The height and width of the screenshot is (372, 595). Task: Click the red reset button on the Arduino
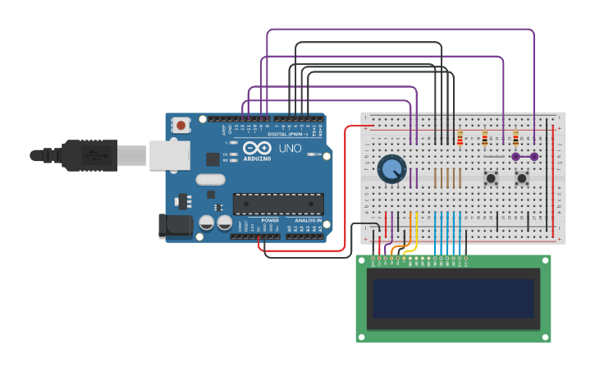coord(181,126)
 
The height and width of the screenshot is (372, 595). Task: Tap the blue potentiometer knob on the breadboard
coord(391,169)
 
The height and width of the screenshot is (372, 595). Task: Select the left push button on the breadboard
coord(492,177)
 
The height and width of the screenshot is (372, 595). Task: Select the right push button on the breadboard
coord(521,177)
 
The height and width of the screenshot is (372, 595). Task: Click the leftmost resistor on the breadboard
coord(460,138)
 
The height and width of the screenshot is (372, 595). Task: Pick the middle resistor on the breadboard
coord(484,138)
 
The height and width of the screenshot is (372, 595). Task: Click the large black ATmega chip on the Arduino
coord(278,204)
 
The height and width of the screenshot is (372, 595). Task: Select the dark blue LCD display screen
coord(453,298)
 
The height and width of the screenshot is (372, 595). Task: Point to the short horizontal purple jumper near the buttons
coord(524,156)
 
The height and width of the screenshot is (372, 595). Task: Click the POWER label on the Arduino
coord(270,221)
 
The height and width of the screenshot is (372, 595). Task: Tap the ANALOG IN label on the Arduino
coord(308,221)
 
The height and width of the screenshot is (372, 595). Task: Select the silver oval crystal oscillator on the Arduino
coord(209,179)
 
